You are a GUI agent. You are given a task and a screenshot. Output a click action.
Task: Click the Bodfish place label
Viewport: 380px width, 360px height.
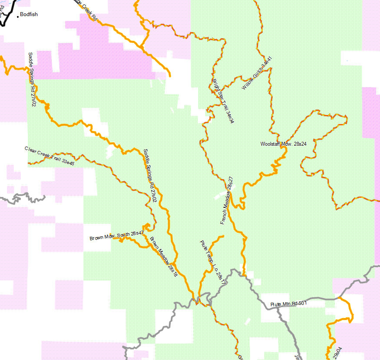tap(29, 14)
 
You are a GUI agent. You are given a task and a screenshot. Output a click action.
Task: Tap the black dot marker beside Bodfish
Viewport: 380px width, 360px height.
tap(18, 16)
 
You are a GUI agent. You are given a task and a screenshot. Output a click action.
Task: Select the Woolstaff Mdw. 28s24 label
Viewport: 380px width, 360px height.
tap(283, 144)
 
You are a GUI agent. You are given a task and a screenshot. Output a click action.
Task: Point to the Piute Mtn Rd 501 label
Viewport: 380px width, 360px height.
tap(288, 304)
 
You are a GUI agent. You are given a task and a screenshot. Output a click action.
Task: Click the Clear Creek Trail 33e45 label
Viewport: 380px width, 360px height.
tap(50, 156)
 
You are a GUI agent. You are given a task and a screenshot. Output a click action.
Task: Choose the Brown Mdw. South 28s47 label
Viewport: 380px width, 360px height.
tap(116, 236)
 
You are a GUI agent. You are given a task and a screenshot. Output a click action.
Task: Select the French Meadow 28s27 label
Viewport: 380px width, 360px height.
tap(227, 200)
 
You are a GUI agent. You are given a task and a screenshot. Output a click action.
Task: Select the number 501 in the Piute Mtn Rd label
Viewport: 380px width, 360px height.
tap(302, 303)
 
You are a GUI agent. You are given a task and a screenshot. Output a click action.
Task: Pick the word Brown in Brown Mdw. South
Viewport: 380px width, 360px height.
tap(96, 238)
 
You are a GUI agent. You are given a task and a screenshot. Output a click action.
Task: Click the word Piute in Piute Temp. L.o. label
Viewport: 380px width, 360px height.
tap(203, 246)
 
